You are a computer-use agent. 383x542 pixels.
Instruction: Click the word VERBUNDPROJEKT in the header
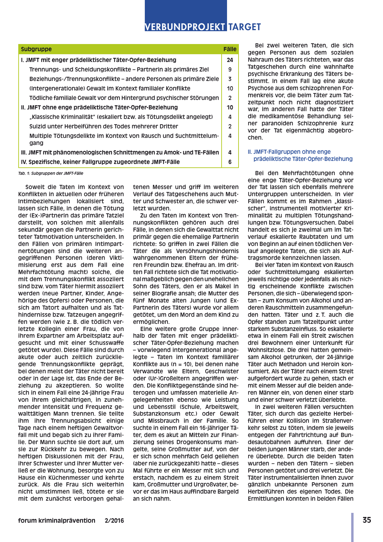pos(185,27)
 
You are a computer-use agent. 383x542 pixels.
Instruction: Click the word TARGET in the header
pos(244,27)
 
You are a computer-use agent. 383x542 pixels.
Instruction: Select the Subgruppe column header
pos(36,49)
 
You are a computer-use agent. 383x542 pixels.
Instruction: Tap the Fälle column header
pos(230,49)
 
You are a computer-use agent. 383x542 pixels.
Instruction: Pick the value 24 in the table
pos(230,60)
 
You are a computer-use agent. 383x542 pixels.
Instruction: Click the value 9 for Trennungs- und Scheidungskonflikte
pos(230,69)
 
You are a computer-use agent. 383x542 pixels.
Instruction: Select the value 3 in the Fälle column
pos(230,79)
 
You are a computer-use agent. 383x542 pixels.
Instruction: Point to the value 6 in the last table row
pos(230,162)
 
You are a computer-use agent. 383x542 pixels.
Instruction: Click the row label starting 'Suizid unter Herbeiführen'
pos(104,126)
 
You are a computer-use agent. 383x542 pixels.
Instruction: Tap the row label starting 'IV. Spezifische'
pos(100,162)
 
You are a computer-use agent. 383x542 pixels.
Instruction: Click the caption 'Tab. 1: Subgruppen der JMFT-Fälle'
pos(51,173)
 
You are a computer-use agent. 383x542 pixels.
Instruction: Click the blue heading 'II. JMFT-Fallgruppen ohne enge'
pos(289,152)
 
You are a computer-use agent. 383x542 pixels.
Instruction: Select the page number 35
pos(367,520)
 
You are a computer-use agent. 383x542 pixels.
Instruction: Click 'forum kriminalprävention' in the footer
pos(57,520)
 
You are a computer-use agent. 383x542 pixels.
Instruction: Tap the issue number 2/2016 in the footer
pos(114,520)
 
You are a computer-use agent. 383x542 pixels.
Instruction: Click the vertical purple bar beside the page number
pos(352,527)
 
